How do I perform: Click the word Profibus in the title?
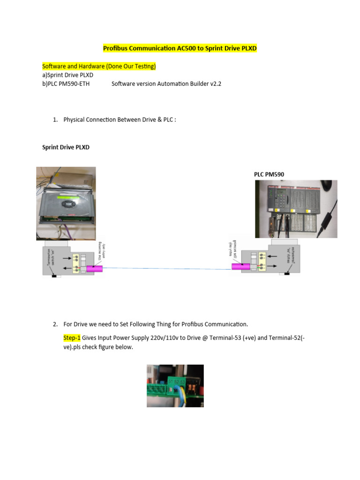(x=115, y=48)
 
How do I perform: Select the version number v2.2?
(x=214, y=84)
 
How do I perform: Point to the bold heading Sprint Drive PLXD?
(x=66, y=147)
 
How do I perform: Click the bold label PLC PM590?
(x=269, y=174)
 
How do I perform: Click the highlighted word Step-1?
(x=72, y=337)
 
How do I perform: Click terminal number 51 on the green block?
(x=170, y=382)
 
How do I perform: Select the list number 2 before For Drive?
(x=55, y=324)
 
